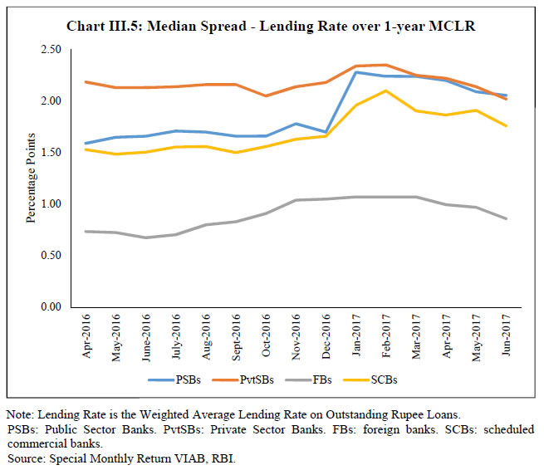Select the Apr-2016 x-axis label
86,338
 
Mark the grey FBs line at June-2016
147,237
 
